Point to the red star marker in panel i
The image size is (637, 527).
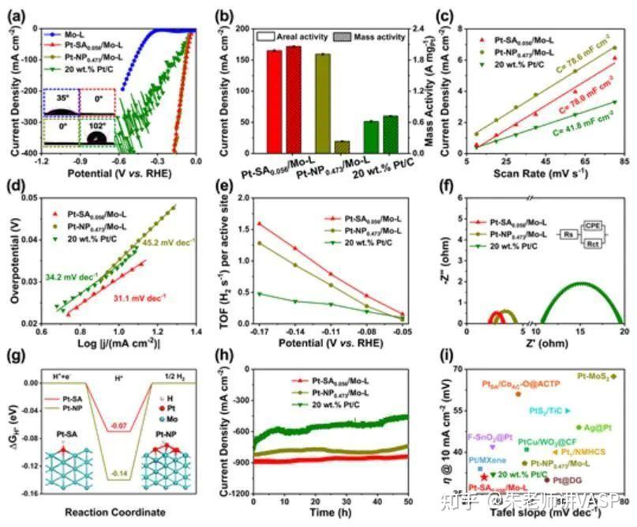pyautogui.click(x=484, y=479)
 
